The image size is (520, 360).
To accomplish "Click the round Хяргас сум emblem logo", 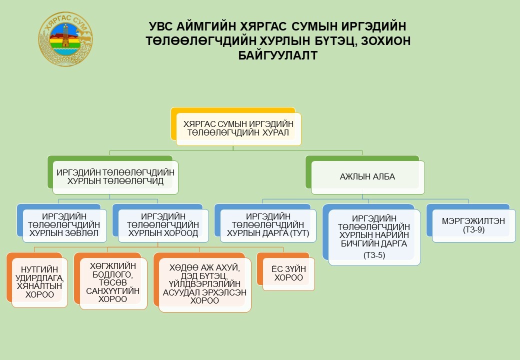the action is [x=65, y=39].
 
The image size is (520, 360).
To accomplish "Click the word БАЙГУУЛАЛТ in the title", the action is [x=278, y=55].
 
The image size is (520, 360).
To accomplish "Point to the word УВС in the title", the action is [x=160, y=26].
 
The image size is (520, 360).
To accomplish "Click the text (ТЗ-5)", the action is [x=374, y=255].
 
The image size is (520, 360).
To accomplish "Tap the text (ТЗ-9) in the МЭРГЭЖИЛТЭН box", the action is [x=474, y=230].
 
